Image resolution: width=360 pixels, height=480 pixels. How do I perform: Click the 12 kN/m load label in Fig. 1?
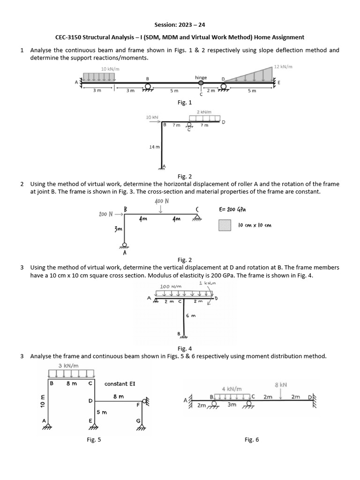tap(283, 67)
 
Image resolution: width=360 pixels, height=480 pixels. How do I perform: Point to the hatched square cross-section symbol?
tap(225, 225)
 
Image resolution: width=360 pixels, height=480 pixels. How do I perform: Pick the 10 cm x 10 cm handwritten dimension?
tap(255, 225)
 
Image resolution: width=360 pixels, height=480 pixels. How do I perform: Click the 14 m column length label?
tap(154, 147)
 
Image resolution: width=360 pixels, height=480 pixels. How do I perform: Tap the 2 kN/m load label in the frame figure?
tap(204, 112)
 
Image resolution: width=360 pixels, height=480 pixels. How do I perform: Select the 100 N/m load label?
tap(167, 286)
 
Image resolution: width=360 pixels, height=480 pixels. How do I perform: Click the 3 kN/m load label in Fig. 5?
tap(68, 365)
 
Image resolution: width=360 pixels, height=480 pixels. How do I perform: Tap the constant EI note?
tap(120, 383)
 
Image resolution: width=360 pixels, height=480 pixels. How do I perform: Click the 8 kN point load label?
tap(280, 384)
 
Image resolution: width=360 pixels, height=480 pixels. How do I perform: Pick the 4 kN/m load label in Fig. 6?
tap(232, 389)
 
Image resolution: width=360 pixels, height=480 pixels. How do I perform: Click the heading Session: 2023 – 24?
tap(180, 24)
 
